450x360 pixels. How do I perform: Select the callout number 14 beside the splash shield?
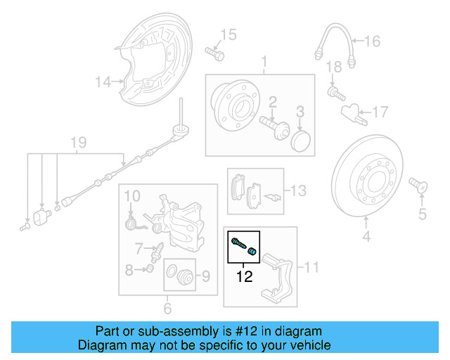(x=103, y=82)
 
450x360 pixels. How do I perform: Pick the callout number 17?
(x=380, y=111)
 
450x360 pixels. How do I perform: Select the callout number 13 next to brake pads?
(x=299, y=191)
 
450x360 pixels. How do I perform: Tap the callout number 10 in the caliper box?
(x=133, y=194)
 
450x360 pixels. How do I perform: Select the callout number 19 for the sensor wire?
(x=78, y=143)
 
